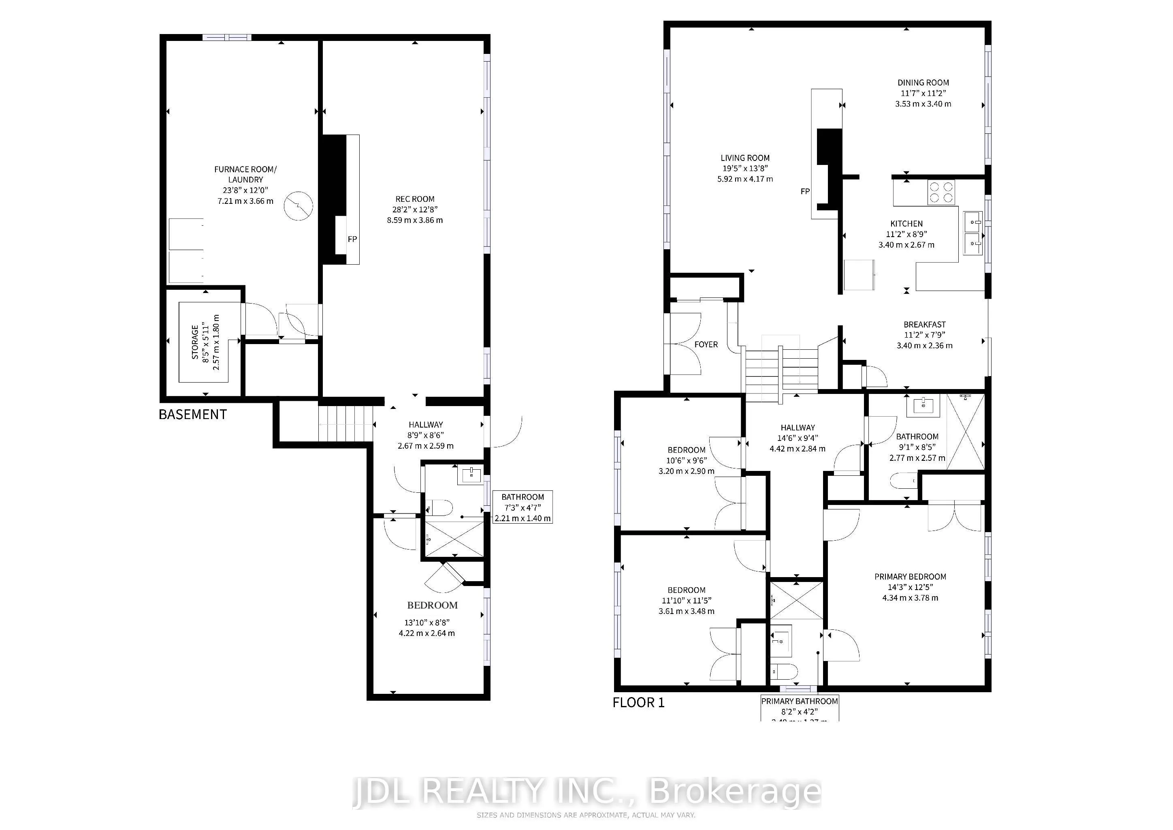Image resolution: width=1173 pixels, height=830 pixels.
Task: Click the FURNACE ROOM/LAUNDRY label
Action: pyautogui.click(x=245, y=174)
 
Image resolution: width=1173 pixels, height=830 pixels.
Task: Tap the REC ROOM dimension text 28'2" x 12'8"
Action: pyautogui.click(x=415, y=210)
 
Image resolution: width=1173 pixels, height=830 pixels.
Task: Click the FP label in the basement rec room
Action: pyautogui.click(x=352, y=239)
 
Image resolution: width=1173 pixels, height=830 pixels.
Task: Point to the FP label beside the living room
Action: pyautogui.click(x=805, y=192)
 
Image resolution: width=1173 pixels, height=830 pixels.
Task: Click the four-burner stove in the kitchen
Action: pyautogui.click(x=941, y=193)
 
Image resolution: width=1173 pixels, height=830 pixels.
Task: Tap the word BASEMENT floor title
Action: pyautogui.click(x=193, y=415)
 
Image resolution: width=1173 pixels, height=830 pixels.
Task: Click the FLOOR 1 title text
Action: pyautogui.click(x=638, y=703)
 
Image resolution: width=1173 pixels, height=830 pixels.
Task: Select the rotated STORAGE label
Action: pyautogui.click(x=195, y=342)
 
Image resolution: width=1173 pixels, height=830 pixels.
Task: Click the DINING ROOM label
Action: pyautogui.click(x=923, y=83)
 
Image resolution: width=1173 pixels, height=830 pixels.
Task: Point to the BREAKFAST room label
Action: pyautogui.click(x=924, y=325)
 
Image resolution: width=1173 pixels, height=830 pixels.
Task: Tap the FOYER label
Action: pyautogui.click(x=706, y=344)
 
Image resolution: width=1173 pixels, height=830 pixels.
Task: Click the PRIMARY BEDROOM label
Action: pyautogui.click(x=910, y=577)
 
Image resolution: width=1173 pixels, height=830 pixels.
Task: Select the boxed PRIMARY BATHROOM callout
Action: pyautogui.click(x=799, y=708)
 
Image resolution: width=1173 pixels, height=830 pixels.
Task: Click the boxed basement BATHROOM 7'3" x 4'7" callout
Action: pyautogui.click(x=522, y=507)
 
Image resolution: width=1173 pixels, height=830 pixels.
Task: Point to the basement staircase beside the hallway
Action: pyautogui.click(x=343, y=423)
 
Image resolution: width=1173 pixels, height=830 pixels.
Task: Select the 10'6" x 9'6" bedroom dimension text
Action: pyautogui.click(x=686, y=460)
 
